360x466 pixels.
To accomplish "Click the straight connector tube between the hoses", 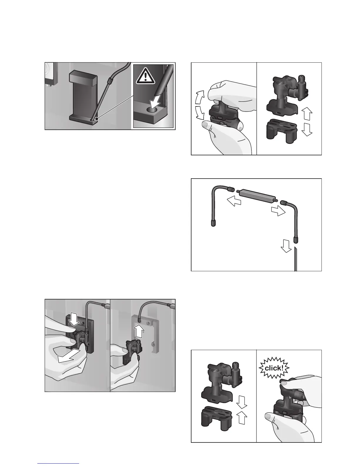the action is pos(256,195).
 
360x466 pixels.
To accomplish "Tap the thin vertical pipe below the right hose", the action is pos(295,259).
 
